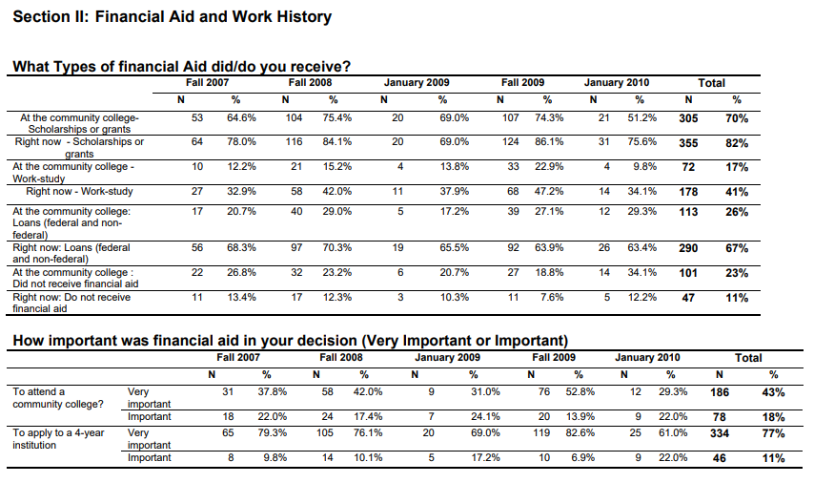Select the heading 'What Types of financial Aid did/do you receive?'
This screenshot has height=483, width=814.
point(182,67)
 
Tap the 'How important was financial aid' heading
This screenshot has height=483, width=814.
point(290,341)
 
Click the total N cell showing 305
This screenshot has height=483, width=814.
point(688,118)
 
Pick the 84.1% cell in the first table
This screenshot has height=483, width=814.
point(336,141)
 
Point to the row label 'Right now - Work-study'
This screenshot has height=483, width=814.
point(79,191)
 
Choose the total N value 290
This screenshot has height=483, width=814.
point(688,248)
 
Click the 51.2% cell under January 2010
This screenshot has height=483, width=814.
point(642,118)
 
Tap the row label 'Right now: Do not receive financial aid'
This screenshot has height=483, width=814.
point(71,303)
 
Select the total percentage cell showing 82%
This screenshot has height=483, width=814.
point(737,143)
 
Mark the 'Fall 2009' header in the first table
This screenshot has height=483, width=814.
point(522,83)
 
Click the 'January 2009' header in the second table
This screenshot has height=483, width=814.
point(447,358)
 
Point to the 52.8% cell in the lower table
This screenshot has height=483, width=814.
point(580,391)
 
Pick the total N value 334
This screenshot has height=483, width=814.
point(720,433)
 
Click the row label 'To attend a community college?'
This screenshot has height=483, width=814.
point(58,398)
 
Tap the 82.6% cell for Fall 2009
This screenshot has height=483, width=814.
point(580,432)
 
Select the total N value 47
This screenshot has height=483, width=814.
point(688,298)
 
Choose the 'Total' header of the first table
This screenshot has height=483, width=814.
point(711,83)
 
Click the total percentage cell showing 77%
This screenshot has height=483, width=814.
point(774,433)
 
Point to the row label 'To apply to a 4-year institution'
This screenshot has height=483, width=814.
point(58,439)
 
